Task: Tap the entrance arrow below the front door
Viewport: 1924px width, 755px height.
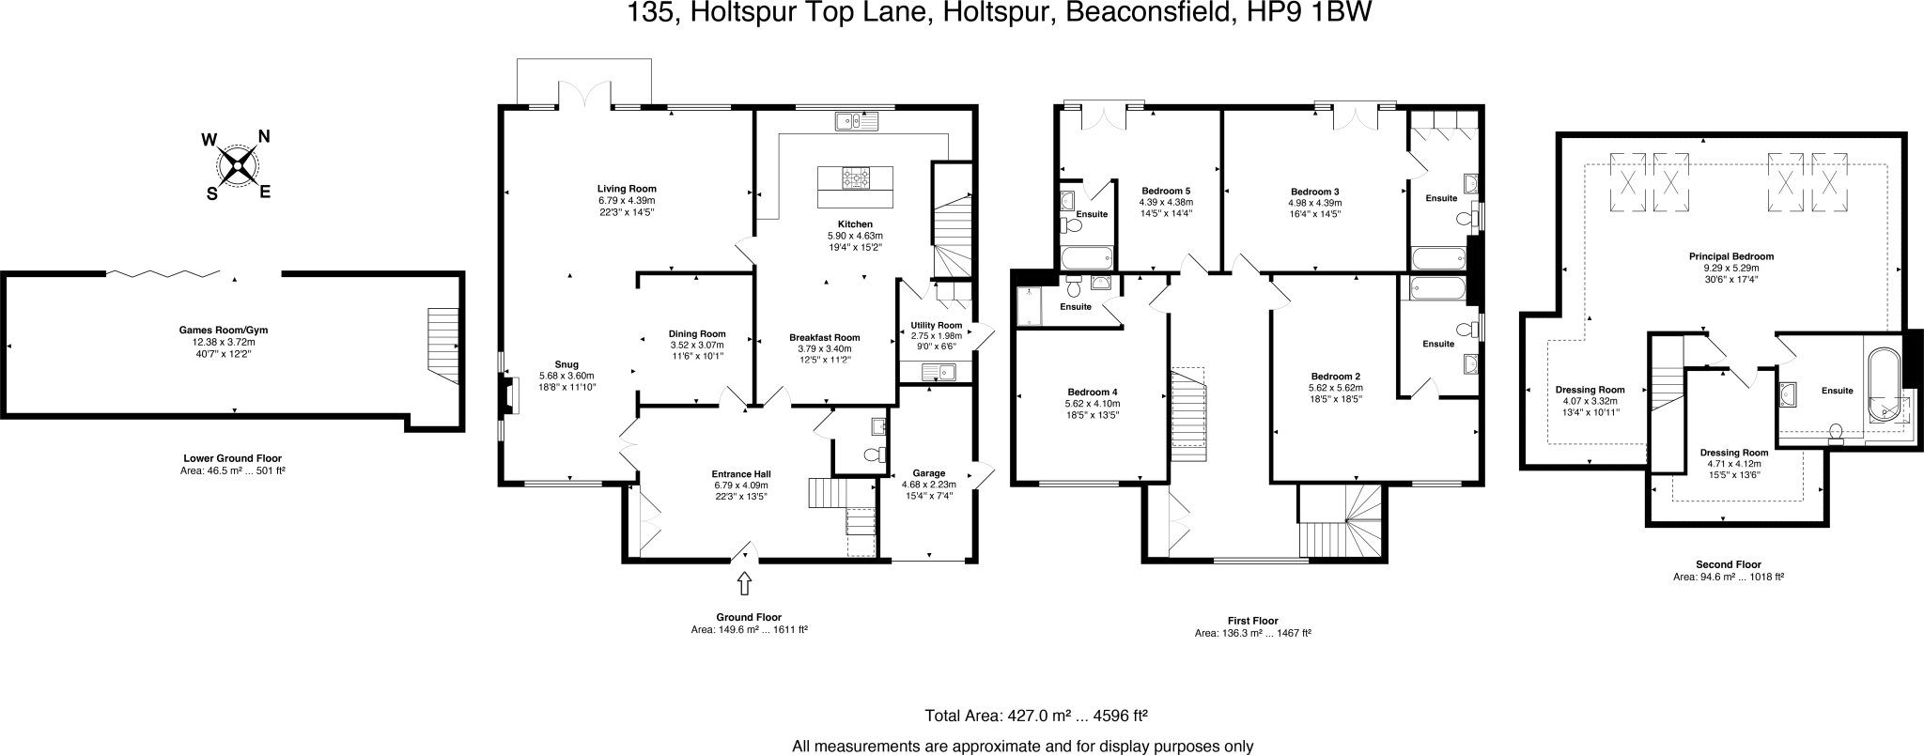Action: (745, 583)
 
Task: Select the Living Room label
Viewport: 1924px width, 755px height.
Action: (627, 188)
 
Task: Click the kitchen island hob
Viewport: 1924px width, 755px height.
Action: (856, 177)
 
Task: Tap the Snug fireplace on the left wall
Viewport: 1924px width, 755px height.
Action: (507, 395)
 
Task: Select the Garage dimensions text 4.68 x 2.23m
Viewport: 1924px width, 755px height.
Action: (928, 485)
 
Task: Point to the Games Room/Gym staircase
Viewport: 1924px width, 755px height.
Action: (443, 343)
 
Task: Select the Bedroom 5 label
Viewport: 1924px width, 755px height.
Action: (1166, 191)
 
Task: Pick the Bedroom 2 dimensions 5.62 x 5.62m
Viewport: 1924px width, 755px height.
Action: (1335, 387)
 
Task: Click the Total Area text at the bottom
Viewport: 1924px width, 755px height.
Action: (1036, 716)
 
